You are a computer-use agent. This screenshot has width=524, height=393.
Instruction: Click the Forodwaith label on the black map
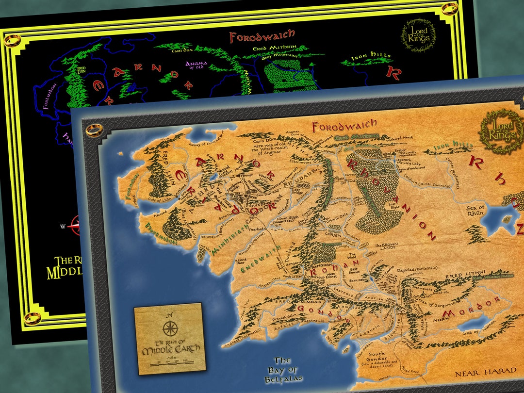tap(262, 36)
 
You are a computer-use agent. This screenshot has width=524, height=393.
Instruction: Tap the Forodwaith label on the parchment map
tap(344, 127)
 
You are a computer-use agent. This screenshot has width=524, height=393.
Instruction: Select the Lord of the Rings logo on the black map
tap(418, 36)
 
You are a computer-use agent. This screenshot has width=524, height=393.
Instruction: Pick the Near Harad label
tap(485, 371)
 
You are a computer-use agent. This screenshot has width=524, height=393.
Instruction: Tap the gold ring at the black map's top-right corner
tap(449, 8)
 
